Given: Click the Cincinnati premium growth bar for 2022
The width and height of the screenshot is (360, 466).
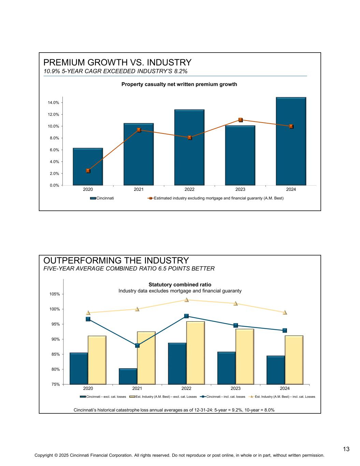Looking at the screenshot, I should (189, 147).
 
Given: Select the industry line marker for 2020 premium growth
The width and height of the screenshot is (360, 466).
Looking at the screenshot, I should (88, 171).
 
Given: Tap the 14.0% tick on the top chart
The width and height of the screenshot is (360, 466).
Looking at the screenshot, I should (53, 102).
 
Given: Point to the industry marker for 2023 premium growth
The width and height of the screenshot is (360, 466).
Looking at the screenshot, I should (240, 120).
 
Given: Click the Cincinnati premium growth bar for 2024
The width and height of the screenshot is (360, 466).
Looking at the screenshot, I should (291, 141).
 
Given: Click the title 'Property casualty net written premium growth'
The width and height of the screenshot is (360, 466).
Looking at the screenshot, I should (179, 84).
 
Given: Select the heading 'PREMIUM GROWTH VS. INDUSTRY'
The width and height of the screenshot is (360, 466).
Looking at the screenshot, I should (117, 62).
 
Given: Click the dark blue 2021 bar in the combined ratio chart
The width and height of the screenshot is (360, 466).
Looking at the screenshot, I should (128, 376).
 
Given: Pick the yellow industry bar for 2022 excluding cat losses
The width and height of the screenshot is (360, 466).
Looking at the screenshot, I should (196, 353).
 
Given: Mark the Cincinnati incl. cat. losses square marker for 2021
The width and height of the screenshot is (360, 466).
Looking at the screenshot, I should (137, 345).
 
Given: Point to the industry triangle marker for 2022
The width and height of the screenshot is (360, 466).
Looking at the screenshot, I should (187, 300).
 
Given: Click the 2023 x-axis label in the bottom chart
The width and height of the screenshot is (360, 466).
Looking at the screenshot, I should (235, 388).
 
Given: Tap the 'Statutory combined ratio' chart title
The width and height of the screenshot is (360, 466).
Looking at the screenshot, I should (180, 284).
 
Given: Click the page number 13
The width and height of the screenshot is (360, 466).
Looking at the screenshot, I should (346, 449).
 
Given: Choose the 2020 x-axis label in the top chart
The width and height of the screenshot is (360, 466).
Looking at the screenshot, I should (88, 189).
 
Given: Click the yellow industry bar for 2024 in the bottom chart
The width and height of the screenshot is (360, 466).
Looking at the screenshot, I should (294, 360).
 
